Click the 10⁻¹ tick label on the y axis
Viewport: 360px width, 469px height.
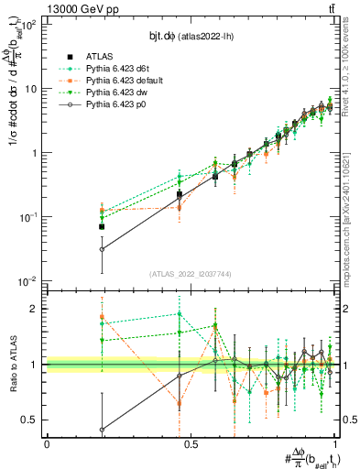click(29, 217)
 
